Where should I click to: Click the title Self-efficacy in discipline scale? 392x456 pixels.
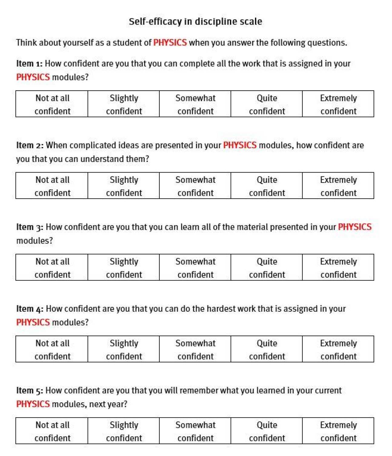[195, 22]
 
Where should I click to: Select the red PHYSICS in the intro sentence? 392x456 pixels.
[170, 42]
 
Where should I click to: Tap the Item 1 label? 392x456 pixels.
[29, 64]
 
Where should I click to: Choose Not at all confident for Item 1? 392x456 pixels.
[52, 104]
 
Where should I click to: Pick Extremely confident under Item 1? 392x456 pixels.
[338, 104]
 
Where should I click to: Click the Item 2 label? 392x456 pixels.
[30, 146]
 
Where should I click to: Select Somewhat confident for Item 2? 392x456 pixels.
[195, 186]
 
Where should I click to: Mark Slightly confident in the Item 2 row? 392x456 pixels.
[124, 186]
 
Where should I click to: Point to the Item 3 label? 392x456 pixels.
[30, 227]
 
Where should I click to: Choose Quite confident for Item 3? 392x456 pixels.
[267, 267]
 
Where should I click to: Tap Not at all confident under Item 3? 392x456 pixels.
[52, 267]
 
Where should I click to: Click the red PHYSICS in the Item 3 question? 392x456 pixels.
[354, 227]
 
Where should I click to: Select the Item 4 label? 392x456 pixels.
[30, 309]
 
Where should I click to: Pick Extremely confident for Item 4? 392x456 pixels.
[338, 349]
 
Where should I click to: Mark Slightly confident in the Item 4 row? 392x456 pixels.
[124, 349]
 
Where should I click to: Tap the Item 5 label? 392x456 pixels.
[29, 391]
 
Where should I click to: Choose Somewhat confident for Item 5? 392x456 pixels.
[195, 431]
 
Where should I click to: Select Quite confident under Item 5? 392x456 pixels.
[267, 431]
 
